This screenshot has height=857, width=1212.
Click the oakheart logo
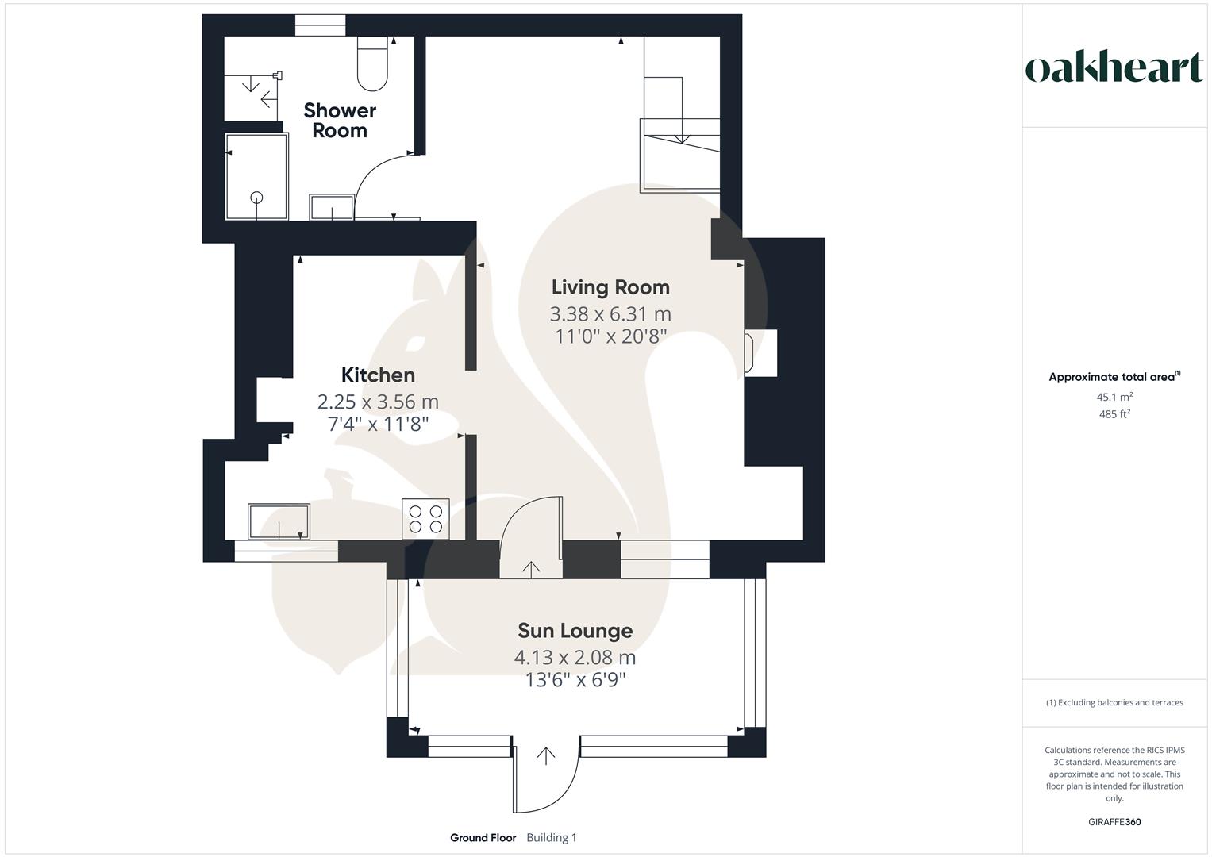coord(1114,68)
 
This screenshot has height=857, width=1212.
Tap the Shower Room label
coord(340,121)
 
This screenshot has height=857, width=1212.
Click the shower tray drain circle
coord(256,198)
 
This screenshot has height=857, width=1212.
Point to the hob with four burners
coord(425,518)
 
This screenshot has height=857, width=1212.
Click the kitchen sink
coord(279,521)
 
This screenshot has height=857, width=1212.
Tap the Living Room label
coord(610,287)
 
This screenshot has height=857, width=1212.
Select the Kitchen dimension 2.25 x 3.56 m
coord(378,402)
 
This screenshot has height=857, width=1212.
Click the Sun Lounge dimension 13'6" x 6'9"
coord(575,680)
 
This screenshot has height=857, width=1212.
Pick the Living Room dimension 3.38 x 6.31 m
coord(610,314)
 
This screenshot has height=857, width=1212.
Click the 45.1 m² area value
coord(1114,397)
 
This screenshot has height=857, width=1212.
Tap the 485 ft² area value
coord(1114,414)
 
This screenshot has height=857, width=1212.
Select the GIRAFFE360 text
coord(1114,822)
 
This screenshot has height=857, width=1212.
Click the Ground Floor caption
coord(483,838)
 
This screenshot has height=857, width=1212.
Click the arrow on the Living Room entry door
coord(530,568)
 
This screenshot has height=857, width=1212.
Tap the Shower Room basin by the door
coord(332,208)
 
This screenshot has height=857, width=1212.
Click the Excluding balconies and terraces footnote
coord(1114,702)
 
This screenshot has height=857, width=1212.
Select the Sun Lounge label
coord(575,631)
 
